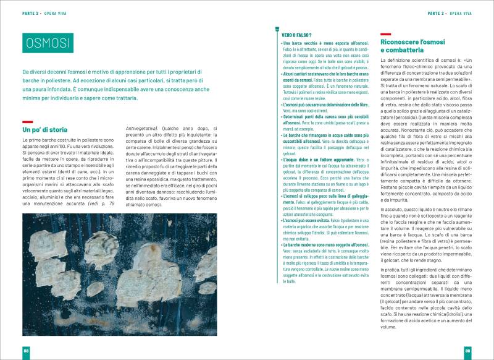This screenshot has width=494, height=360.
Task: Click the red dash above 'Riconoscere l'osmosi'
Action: (x=386, y=35)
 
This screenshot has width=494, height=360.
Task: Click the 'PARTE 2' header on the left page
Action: (x=30, y=12)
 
